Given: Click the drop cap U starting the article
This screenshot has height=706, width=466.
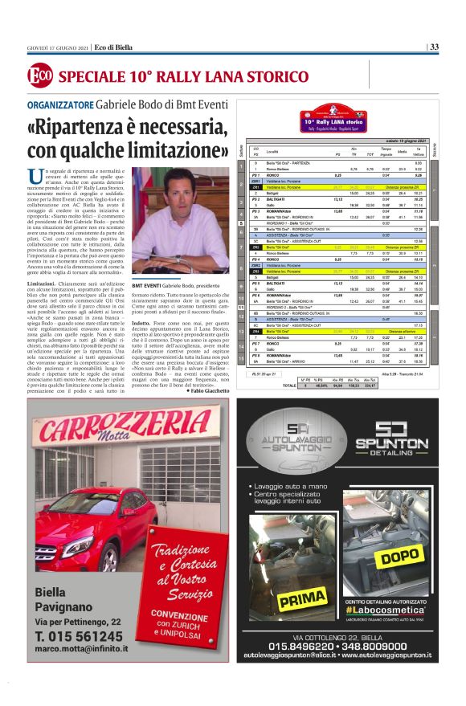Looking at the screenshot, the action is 34,175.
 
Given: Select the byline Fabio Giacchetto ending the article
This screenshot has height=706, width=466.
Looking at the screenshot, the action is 206,390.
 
